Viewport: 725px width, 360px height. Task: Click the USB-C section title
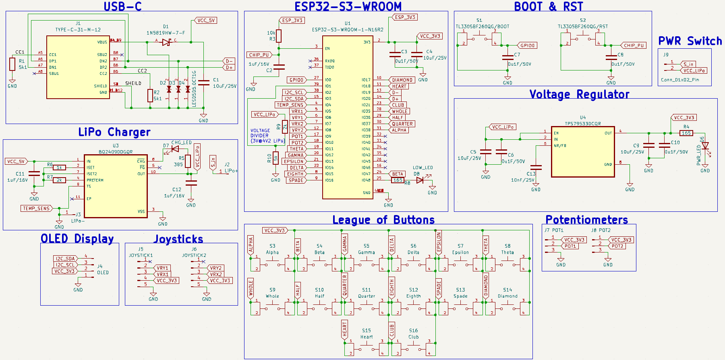tap(122, 6)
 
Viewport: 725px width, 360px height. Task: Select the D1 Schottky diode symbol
tap(166, 42)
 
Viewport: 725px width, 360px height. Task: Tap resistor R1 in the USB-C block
tap(12, 64)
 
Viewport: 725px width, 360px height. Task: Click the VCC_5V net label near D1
tap(206, 20)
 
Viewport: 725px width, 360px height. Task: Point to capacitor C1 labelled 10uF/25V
tap(204, 83)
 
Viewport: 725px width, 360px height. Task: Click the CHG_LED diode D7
tap(175, 149)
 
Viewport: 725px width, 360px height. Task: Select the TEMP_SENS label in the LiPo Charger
tap(36, 208)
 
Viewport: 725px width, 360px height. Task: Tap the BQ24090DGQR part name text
tap(116, 152)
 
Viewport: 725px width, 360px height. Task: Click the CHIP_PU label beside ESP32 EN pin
tap(259, 55)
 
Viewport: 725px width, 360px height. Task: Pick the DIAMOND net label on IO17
tap(402, 80)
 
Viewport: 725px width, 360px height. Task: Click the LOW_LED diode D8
tap(420, 180)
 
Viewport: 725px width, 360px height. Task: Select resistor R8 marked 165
tap(398, 180)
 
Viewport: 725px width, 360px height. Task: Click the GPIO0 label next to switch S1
tap(527, 46)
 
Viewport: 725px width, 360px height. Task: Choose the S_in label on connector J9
tap(688, 64)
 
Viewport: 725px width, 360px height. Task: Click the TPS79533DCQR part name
tap(582, 124)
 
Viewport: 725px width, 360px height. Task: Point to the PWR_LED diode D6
tap(705, 146)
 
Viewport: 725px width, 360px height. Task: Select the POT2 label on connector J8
tap(617, 246)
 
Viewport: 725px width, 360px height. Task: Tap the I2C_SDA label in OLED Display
tap(65, 259)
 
